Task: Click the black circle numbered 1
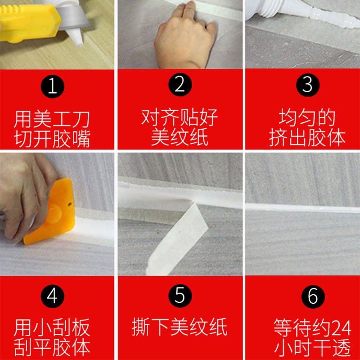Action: coord(52,86)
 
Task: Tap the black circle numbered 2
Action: coord(180,85)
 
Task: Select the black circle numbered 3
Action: coord(308,85)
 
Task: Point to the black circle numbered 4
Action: coord(52,296)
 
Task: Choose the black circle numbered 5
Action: coord(180,296)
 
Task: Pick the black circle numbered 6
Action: coord(313,297)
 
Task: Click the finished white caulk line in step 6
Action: coord(302,208)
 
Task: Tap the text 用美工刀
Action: coord(52,119)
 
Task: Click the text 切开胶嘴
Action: coord(52,139)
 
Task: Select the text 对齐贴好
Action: coord(180,117)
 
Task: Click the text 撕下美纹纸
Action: coord(180,327)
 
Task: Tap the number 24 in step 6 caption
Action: coord(342,328)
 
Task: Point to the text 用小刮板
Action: coord(52,328)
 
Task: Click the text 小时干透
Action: coord(313,347)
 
